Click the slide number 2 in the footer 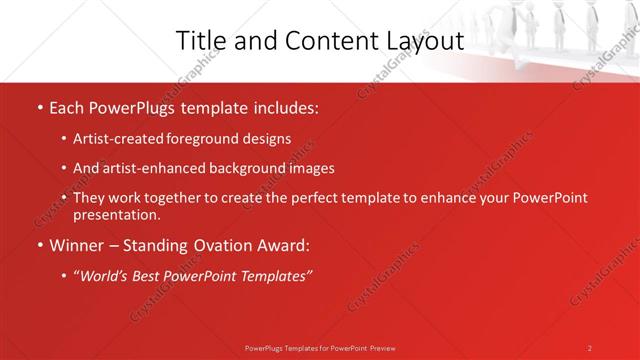click(x=590, y=347)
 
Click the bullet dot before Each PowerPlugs click(x=38, y=105)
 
